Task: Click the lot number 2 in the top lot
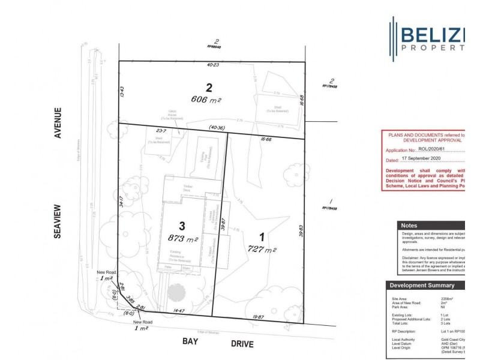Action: [209, 87]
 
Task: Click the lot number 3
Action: [182, 226]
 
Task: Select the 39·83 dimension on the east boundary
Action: [301, 231]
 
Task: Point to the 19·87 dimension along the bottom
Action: [259, 316]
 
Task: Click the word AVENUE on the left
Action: [58, 123]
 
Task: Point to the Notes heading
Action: [414, 226]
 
